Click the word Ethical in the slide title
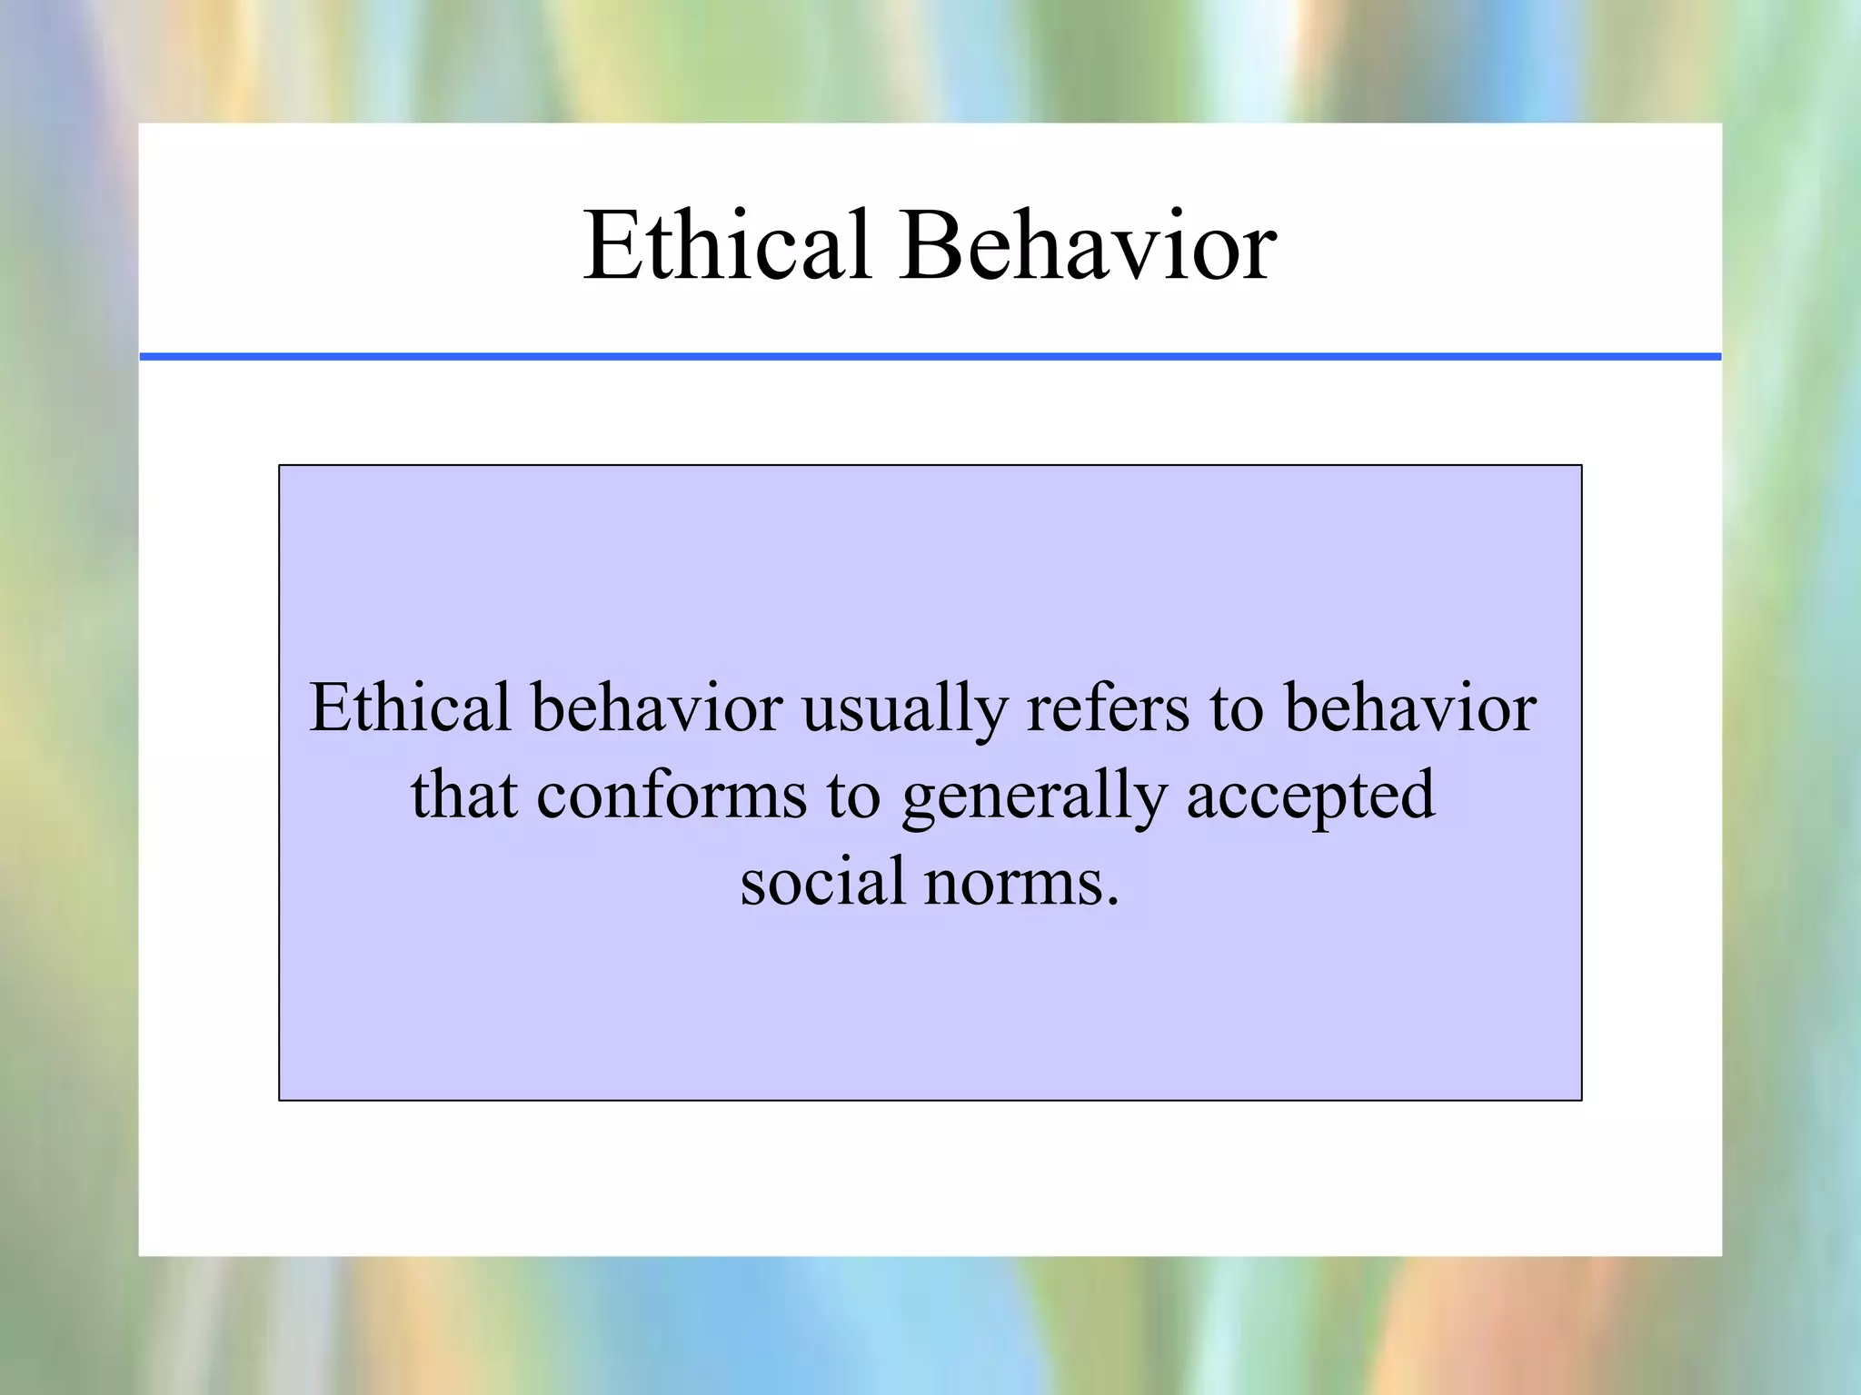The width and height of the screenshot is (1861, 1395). click(x=727, y=245)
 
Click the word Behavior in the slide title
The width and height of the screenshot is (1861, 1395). click(x=1089, y=245)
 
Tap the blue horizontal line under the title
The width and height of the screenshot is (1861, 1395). click(x=930, y=357)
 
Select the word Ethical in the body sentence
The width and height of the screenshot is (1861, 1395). click(x=410, y=707)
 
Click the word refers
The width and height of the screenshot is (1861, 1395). click(x=1108, y=707)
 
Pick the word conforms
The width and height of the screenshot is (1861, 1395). click(x=672, y=796)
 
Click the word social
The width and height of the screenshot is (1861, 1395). click(x=823, y=881)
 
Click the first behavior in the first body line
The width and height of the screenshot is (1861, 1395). click(x=657, y=707)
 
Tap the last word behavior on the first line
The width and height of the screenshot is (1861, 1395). click(x=1409, y=707)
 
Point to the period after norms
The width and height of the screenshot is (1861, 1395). click(x=1113, y=902)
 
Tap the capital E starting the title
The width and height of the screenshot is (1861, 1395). click(x=611, y=245)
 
